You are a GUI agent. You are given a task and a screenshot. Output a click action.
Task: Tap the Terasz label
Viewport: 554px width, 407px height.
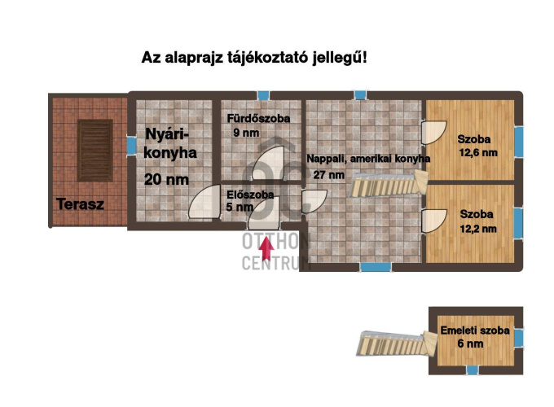coord(80,204)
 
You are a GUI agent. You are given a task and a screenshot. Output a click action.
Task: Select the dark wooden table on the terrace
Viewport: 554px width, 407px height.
coord(95,151)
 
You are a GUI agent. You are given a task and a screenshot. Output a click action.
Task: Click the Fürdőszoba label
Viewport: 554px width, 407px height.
coord(258,118)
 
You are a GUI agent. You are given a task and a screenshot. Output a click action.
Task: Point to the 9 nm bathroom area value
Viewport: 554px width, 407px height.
coord(246,133)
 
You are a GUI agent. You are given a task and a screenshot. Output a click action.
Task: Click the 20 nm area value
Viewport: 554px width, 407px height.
coord(167,180)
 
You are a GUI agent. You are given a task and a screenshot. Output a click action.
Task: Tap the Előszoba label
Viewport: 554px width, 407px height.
coord(250,195)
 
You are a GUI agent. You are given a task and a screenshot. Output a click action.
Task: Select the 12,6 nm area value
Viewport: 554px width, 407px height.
coord(478,153)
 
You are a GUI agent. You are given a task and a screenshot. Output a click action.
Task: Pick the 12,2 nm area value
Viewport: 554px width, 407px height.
coord(478,229)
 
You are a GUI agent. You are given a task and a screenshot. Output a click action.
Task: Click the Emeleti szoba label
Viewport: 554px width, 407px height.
coord(475,330)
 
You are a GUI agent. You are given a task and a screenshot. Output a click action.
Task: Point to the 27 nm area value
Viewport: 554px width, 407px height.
coord(329,175)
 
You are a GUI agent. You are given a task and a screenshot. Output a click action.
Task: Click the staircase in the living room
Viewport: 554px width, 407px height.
coord(389,183)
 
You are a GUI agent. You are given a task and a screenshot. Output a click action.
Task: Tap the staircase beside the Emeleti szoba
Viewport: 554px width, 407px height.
coord(397,344)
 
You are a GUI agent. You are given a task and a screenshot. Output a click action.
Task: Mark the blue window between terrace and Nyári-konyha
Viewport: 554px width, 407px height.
coord(131,146)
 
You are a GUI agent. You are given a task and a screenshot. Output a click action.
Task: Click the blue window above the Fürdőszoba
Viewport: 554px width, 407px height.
coord(263,95)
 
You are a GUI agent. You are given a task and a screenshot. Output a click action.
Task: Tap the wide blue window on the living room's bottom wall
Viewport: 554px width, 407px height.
coord(376,267)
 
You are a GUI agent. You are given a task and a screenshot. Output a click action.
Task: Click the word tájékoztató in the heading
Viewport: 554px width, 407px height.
coord(268,58)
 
